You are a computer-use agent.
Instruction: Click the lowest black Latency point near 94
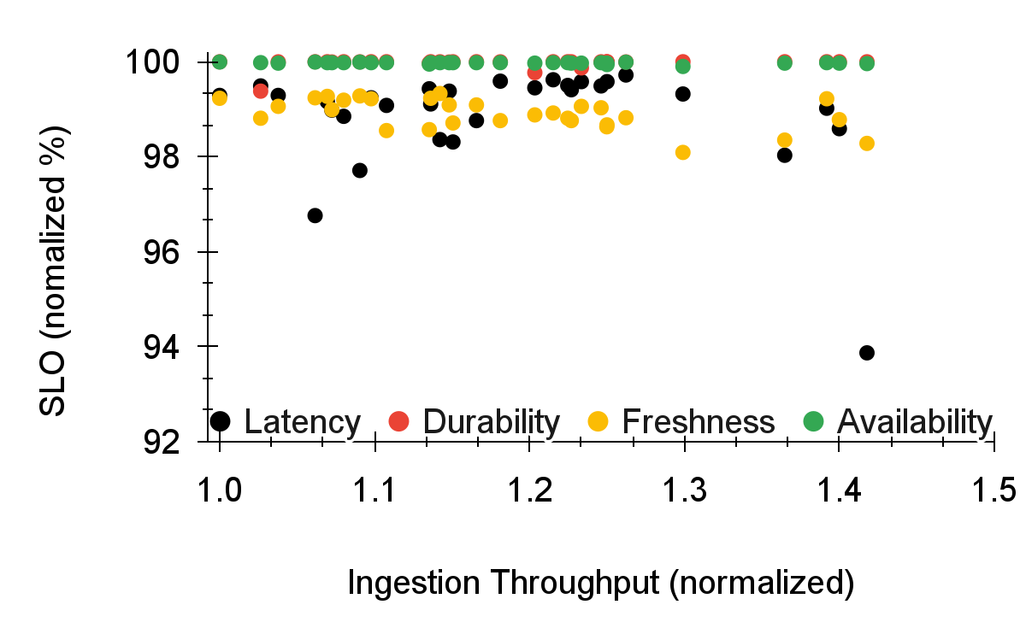click(x=866, y=353)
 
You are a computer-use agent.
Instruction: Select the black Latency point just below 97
click(x=315, y=215)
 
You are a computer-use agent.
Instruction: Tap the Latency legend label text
click(x=302, y=421)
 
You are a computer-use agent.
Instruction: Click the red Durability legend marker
click(x=399, y=420)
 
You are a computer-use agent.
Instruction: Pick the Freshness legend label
click(x=698, y=421)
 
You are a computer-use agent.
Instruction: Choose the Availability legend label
click(x=914, y=421)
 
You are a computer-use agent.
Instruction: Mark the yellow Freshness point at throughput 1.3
click(x=682, y=152)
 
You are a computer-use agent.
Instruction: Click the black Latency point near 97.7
click(x=359, y=170)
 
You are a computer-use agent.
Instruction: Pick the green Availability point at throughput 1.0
click(x=220, y=62)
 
